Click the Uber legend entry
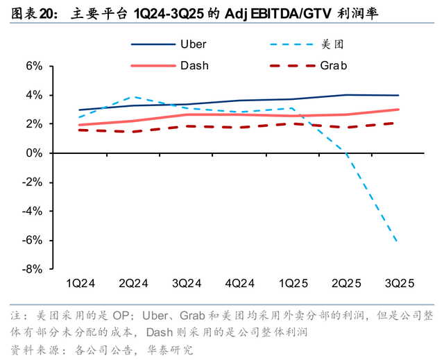click(x=193, y=44)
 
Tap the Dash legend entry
click(x=194, y=66)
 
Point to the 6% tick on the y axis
click(x=34, y=66)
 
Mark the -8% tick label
click(x=33, y=269)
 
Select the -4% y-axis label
click(x=33, y=211)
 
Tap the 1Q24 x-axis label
click(x=80, y=283)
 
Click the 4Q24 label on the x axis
click(x=239, y=283)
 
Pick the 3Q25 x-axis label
click(x=399, y=283)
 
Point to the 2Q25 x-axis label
click(x=345, y=283)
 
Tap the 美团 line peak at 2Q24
click(x=134, y=97)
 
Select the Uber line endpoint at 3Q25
click(x=398, y=95)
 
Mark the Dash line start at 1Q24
click(x=80, y=125)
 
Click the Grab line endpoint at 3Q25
click(x=398, y=123)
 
